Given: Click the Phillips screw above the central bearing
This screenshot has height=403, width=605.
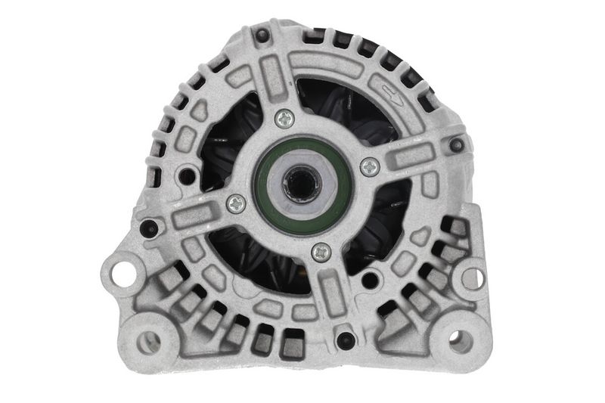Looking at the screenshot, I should tap(284, 117).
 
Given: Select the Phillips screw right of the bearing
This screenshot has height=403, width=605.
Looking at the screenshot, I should tap(369, 166).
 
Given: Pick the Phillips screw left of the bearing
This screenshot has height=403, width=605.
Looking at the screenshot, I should tap(236, 202).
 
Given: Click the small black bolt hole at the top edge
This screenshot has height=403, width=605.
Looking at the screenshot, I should tap(262, 34).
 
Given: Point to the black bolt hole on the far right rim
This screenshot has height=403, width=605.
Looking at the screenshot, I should tap(455, 143).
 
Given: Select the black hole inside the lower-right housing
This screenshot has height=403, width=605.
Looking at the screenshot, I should tap(369, 280).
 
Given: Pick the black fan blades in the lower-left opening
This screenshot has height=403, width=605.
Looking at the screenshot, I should tap(242, 250).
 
